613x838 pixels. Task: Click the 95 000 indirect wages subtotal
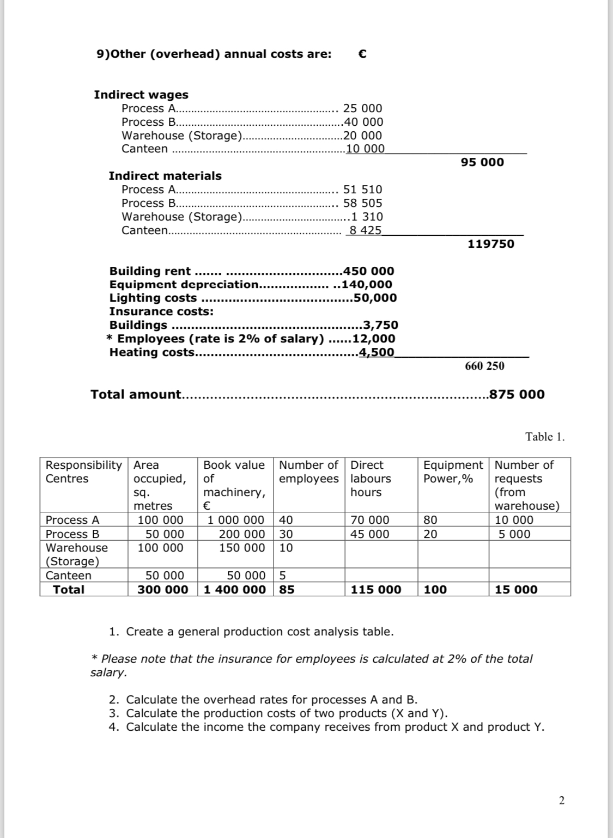coord(482,162)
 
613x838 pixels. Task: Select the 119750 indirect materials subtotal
coord(490,244)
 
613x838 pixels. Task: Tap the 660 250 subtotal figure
coord(484,366)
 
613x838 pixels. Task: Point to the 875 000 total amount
coord(517,395)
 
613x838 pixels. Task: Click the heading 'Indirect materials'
coord(165,176)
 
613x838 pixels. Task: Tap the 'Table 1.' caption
coord(545,437)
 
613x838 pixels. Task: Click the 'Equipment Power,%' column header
coord(453,472)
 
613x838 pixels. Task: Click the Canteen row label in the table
coord(69,576)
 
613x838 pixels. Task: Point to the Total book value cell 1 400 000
coord(235,590)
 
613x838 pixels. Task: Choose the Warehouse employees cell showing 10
coord(286,548)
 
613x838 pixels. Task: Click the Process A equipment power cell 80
coord(430,520)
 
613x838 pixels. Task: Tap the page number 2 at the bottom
coord(562,800)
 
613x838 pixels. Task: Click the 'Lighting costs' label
coord(153,298)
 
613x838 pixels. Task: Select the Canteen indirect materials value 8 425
coord(365,230)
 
